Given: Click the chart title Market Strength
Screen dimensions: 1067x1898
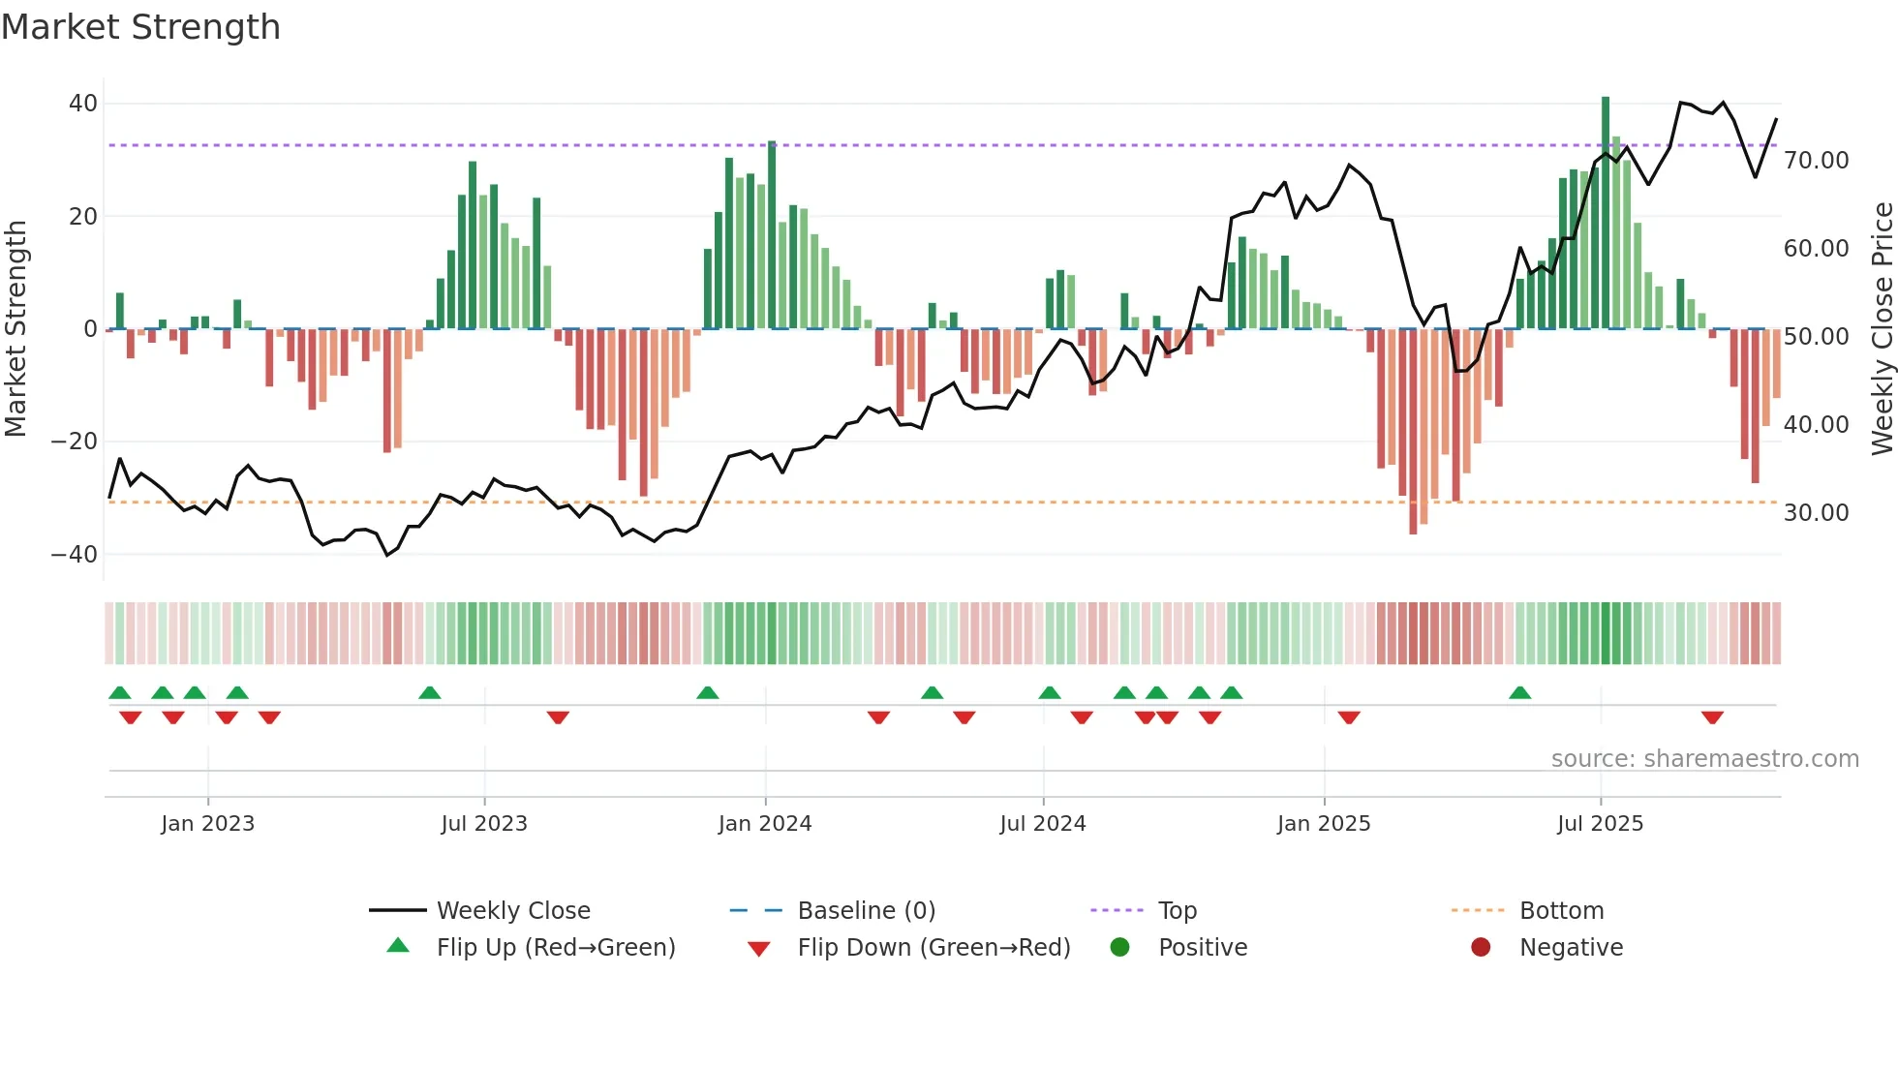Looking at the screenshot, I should [140, 27].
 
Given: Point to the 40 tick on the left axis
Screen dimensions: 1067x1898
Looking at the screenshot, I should [83, 104].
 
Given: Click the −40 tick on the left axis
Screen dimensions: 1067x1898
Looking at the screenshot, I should [75, 555].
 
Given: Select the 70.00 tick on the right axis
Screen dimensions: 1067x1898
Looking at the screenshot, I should [1816, 161].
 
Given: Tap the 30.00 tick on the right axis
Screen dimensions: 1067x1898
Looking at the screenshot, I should [1816, 513].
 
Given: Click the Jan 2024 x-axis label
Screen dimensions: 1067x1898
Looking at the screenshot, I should [764, 824].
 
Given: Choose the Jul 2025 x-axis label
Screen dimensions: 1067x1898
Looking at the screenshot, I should [1600, 824].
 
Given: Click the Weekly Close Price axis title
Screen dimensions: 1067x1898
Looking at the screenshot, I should [1882, 329].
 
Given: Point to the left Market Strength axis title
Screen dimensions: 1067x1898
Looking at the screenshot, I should [15, 329].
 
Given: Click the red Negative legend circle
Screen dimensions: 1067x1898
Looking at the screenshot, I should [1481, 948].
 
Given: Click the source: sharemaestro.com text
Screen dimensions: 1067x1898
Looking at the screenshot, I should [1704, 759].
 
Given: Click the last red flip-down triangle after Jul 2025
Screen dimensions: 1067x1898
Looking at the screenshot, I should [1712, 717].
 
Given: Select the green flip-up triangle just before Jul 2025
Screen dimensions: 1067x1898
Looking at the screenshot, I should [1519, 692].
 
